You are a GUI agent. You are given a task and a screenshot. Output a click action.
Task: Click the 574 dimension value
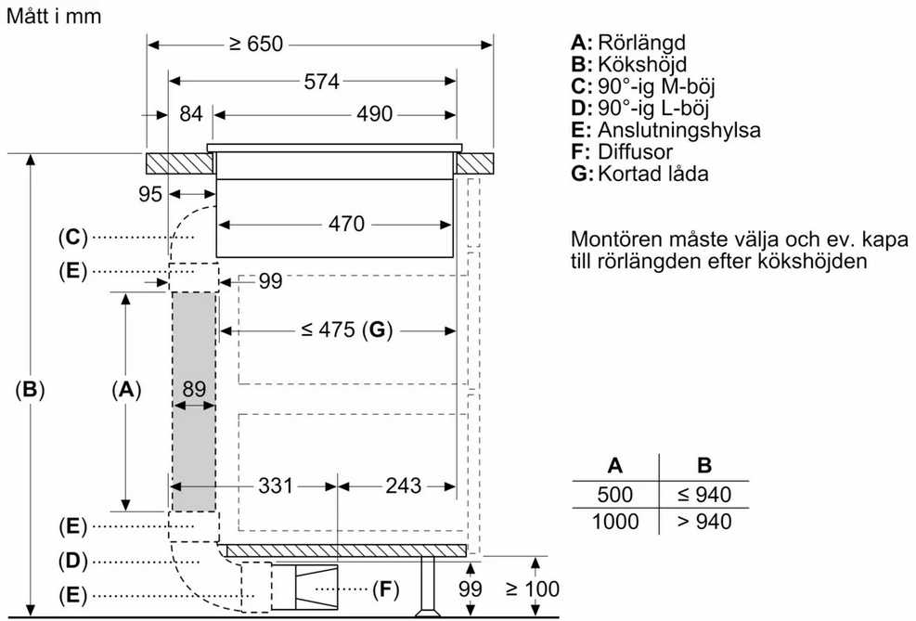pyautogui.click(x=321, y=81)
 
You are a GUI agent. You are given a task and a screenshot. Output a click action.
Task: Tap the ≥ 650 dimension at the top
pyautogui.click(x=256, y=44)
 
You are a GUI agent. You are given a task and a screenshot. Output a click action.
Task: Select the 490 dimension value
pyautogui.click(x=374, y=114)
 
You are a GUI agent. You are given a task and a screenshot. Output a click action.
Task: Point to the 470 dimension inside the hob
pyautogui.click(x=346, y=224)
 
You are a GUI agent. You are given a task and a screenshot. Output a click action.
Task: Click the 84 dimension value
pyautogui.click(x=191, y=114)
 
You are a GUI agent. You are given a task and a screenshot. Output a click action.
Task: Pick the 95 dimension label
pyautogui.click(x=150, y=194)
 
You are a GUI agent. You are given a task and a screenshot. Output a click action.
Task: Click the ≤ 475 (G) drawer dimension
pyautogui.click(x=347, y=330)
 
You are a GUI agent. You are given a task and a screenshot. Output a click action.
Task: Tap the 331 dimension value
pyautogui.click(x=275, y=485)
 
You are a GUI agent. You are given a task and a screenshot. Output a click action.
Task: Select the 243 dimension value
pyautogui.click(x=403, y=485)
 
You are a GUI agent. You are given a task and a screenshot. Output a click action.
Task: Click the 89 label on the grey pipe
pyautogui.click(x=194, y=389)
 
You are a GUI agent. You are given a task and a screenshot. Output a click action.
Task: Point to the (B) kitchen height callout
pyautogui.click(x=30, y=390)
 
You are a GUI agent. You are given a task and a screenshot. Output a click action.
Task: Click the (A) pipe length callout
pyautogui.click(x=126, y=390)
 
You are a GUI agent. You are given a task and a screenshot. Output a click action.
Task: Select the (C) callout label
pyautogui.click(x=73, y=238)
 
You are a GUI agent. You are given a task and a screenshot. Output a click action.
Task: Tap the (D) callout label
pyautogui.click(x=73, y=562)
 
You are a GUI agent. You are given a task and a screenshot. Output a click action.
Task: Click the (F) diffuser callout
pyautogui.click(x=385, y=589)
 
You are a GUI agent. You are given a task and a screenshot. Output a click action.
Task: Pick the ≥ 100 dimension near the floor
pyautogui.click(x=533, y=589)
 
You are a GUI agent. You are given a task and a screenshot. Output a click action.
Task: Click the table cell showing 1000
pyautogui.click(x=615, y=521)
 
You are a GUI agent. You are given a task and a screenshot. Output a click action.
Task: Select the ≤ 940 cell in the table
pyautogui.click(x=704, y=495)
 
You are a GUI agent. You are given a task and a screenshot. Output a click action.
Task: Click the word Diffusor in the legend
pyautogui.click(x=635, y=152)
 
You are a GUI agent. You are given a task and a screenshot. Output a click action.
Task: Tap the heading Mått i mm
pyautogui.click(x=54, y=16)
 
